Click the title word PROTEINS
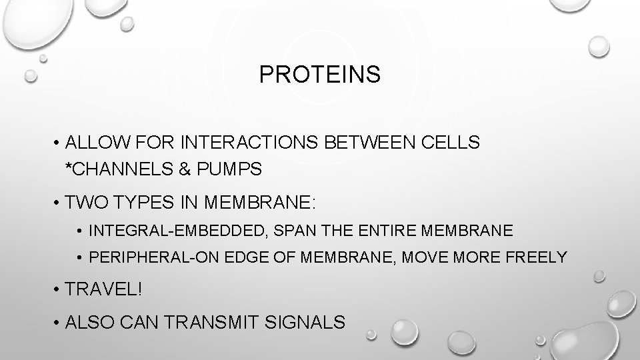point(320,75)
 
